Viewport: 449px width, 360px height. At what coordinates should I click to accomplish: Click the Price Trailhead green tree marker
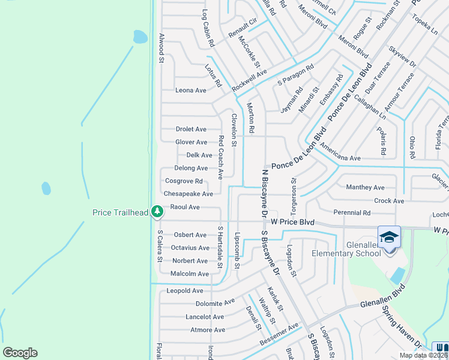(x=157, y=211)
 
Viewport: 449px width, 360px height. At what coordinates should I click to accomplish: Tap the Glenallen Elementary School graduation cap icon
(x=389, y=237)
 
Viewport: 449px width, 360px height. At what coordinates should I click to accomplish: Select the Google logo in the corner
(x=20, y=353)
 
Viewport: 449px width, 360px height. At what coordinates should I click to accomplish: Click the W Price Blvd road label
(x=293, y=222)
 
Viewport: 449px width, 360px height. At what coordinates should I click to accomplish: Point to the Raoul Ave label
(x=185, y=207)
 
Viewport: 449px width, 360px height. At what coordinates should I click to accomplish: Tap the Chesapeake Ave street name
(x=188, y=194)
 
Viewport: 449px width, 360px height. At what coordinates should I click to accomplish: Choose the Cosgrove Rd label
(x=184, y=181)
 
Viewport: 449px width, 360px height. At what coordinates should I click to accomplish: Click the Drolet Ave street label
(x=191, y=129)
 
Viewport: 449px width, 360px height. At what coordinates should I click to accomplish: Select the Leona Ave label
(x=190, y=90)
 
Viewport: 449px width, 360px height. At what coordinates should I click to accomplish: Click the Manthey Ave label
(x=366, y=187)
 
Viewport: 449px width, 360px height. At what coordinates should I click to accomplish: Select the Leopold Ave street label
(x=185, y=290)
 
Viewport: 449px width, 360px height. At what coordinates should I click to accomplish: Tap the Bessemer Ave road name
(x=279, y=334)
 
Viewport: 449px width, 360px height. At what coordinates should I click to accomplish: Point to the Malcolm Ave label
(x=190, y=274)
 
